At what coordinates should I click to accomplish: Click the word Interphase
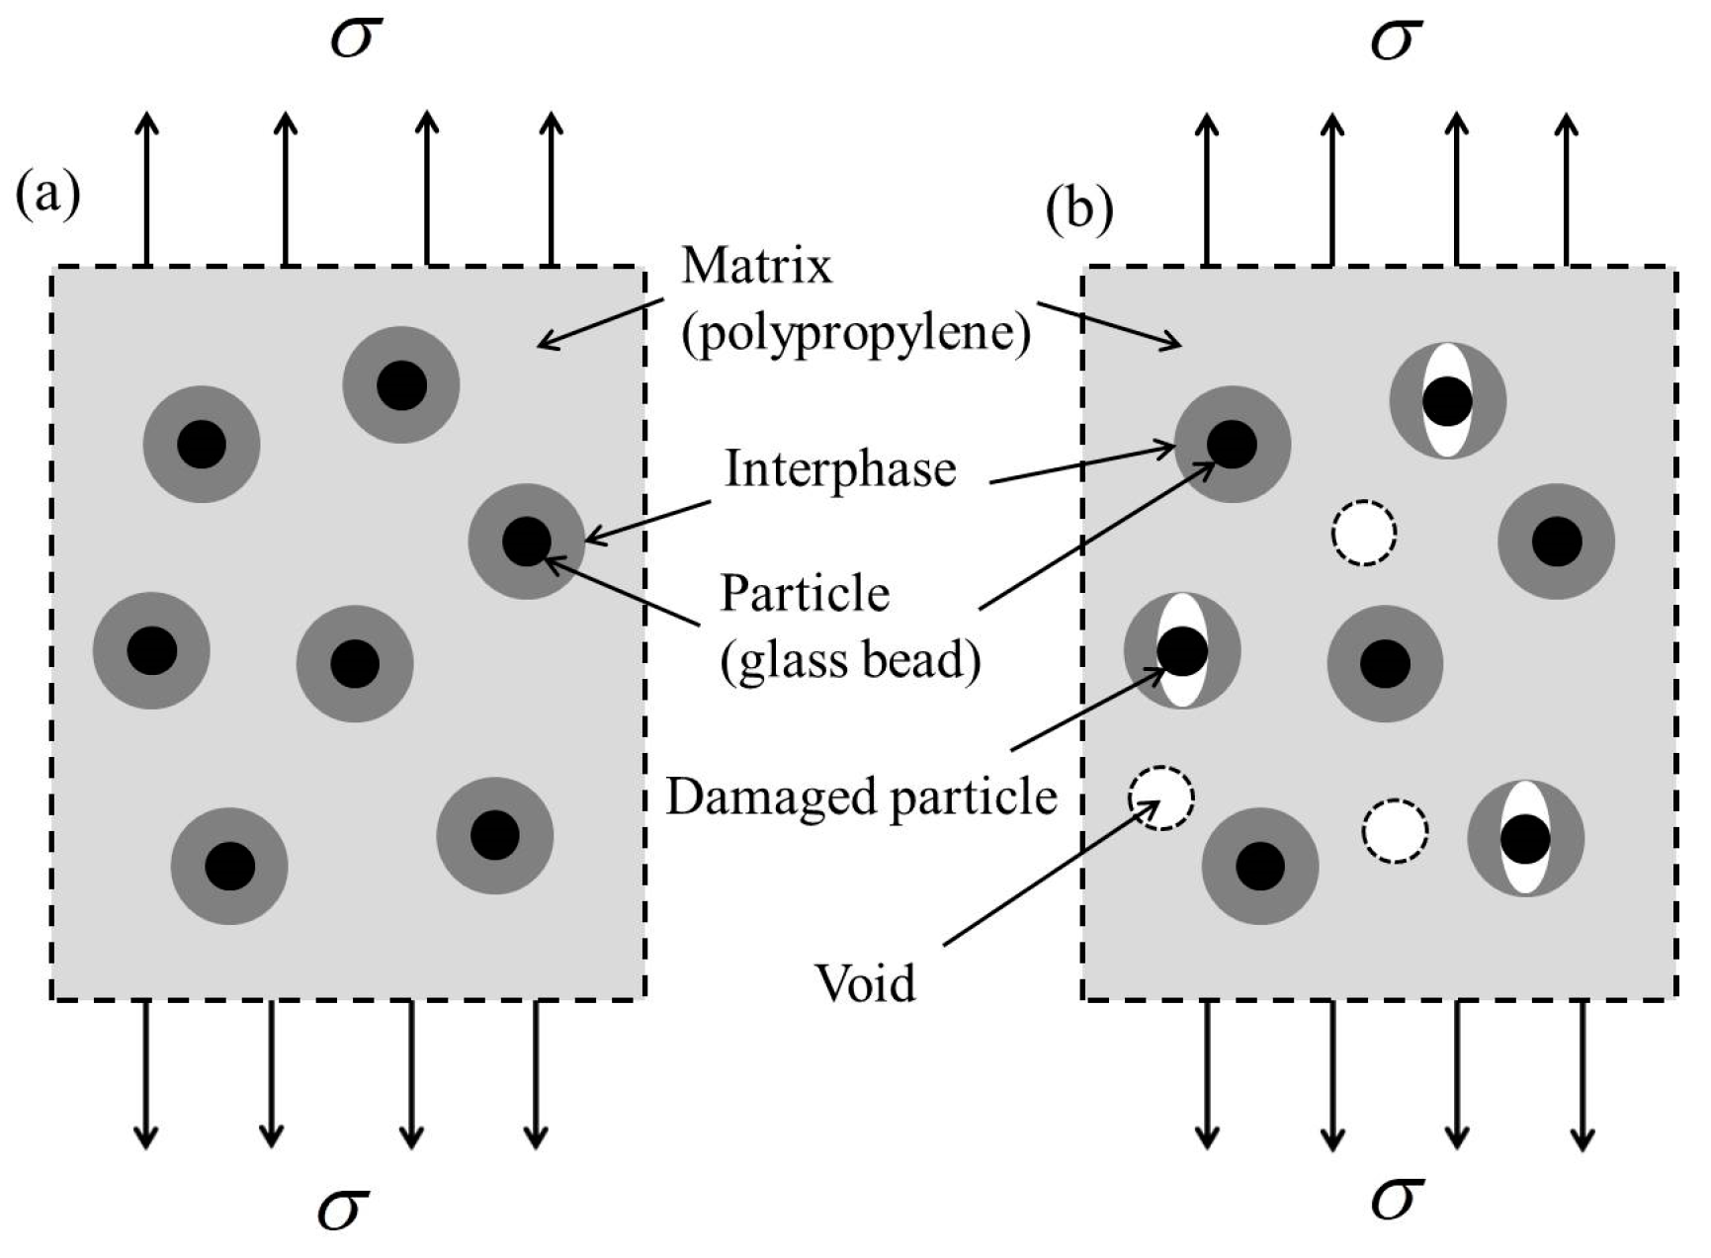click(x=840, y=468)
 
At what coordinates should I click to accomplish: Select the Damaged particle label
click(x=861, y=796)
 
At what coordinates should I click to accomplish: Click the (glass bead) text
click(x=850, y=659)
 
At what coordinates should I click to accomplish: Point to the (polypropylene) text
click(x=855, y=334)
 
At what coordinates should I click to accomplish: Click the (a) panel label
click(x=47, y=196)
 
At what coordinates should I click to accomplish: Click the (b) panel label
click(x=1079, y=210)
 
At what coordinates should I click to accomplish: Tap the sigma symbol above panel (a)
click(x=356, y=40)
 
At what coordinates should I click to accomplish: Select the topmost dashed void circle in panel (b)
click(x=1364, y=533)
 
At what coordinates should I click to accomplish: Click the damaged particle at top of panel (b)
click(x=1448, y=400)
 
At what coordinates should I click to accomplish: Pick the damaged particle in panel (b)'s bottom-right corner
click(x=1526, y=837)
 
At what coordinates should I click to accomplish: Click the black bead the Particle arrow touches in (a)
click(x=526, y=542)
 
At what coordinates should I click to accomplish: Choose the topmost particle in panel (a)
click(x=401, y=384)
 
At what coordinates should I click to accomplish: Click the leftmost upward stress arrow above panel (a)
click(x=146, y=188)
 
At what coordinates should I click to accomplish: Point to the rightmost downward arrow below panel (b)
click(x=1583, y=1077)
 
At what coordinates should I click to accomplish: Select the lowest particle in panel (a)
click(x=229, y=866)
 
